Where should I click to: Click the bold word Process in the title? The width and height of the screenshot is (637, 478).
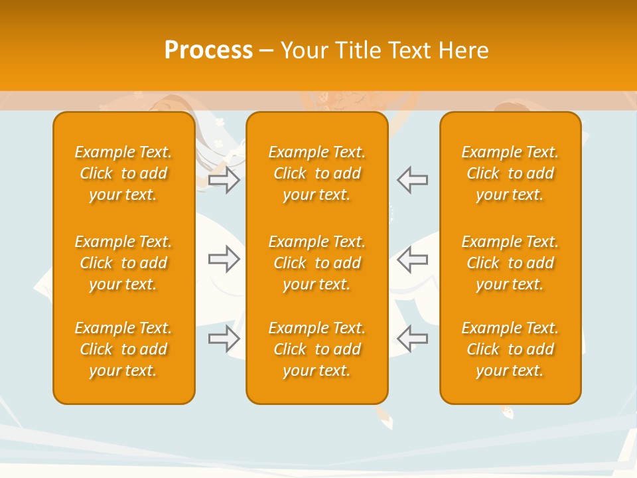point(208,50)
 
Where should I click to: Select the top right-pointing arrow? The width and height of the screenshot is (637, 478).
point(224,180)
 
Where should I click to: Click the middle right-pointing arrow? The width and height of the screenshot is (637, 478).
point(224,259)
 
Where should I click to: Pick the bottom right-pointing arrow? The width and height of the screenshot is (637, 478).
point(224,339)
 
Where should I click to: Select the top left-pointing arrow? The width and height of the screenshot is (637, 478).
point(412,180)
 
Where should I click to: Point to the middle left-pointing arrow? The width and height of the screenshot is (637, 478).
point(412,259)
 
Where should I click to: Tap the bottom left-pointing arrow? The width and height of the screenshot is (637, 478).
point(412,339)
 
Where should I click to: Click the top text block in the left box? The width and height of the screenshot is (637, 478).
point(123,173)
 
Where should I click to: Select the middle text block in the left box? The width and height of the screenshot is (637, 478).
point(123,263)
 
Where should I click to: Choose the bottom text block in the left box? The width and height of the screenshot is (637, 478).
point(123,349)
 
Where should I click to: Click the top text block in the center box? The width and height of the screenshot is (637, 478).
point(317,173)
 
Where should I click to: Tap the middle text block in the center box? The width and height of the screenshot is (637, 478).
point(317,263)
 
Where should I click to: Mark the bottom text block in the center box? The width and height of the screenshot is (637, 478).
point(317,349)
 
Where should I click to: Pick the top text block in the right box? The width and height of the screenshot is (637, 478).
point(510,173)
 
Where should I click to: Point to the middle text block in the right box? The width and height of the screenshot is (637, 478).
point(510,263)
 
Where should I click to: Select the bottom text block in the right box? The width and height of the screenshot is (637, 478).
point(510,349)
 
